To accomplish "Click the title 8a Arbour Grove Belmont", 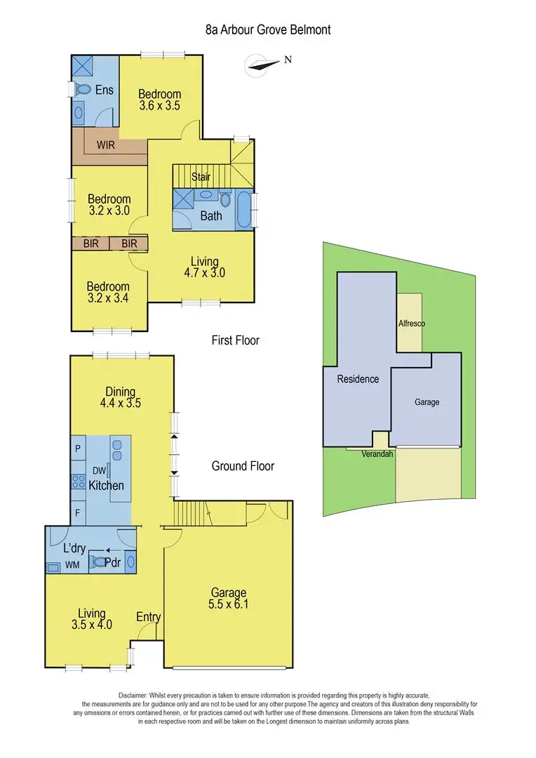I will click(268, 29).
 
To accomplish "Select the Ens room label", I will click(105, 90).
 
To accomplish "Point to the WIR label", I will click(106, 146).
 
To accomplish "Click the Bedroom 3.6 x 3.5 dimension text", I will click(159, 107).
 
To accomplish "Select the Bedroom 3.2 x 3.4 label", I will click(108, 293).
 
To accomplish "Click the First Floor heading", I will click(236, 340).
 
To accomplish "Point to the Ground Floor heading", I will click(243, 466).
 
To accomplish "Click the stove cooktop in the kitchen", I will click(76, 482).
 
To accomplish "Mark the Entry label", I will click(149, 617).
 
